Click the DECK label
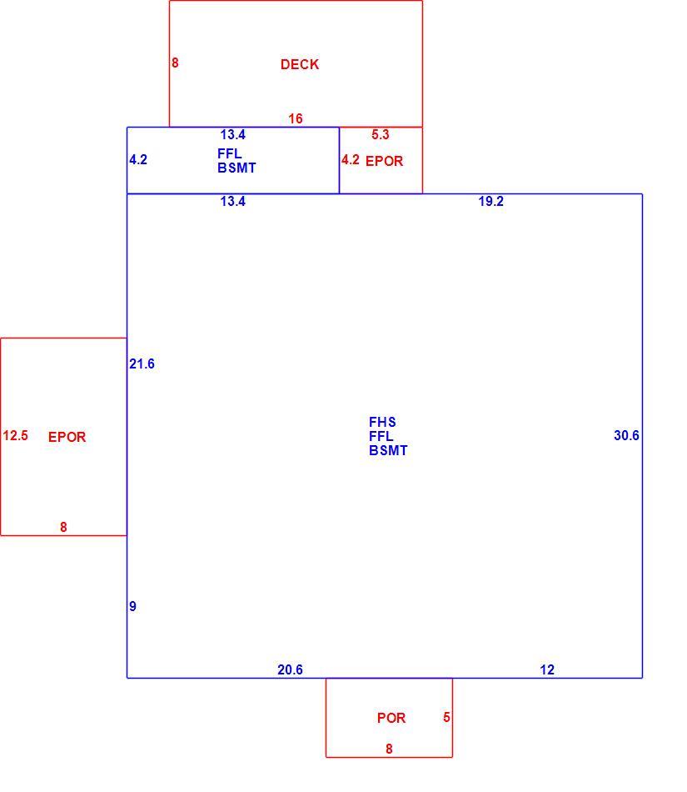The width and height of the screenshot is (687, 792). point(300,64)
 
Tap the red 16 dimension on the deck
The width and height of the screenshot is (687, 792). point(295,118)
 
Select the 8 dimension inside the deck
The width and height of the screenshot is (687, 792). point(175,63)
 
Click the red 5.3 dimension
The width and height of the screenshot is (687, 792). point(380,134)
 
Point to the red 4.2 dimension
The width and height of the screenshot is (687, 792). point(350,159)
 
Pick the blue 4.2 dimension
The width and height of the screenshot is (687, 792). point(137,159)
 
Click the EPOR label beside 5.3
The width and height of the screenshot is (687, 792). point(384,161)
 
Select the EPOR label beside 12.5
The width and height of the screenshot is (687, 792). point(67,437)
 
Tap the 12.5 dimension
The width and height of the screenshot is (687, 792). point(15,435)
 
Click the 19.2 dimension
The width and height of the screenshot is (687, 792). point(490,201)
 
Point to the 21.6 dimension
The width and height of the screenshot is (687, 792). point(142,363)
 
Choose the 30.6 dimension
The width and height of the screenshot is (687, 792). point(626,435)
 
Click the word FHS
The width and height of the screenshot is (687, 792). point(382,422)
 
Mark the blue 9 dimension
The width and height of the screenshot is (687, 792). point(132,606)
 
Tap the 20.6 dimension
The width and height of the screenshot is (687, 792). point(290,669)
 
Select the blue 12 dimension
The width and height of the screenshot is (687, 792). point(547,669)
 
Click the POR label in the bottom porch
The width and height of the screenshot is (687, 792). point(391,718)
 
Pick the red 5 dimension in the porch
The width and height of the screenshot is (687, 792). point(446,717)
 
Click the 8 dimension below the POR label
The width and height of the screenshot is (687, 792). point(389,749)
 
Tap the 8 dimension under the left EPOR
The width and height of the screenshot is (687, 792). point(63,528)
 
